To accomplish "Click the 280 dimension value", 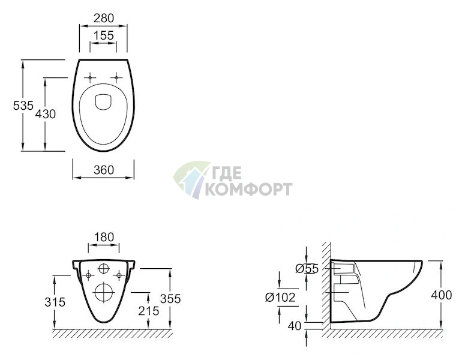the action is [104, 18].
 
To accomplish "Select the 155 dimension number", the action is [103, 35].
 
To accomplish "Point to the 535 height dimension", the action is [23, 105].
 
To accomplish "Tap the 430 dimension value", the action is [46, 114].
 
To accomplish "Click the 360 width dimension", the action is [104, 170].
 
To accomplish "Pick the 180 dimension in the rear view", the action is [104, 237].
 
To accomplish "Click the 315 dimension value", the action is [55, 302].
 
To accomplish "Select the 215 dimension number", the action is [149, 311].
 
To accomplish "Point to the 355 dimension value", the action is [170, 299].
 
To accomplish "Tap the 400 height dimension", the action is [442, 295].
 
